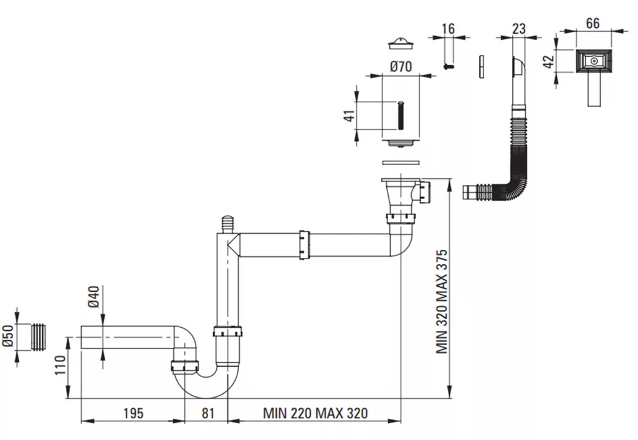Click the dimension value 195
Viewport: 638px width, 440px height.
[x=133, y=413]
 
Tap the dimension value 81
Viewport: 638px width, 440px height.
[x=207, y=413]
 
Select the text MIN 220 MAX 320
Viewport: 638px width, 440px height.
[x=315, y=413]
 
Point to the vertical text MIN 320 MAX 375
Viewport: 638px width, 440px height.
[x=442, y=302]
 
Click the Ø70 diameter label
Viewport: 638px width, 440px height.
[x=401, y=66]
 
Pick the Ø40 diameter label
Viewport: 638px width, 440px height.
[x=93, y=297]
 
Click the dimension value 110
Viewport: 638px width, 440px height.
[x=60, y=365]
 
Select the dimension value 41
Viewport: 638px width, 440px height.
[x=350, y=115]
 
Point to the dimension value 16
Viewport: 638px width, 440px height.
[x=448, y=29]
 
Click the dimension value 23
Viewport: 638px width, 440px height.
[x=519, y=29]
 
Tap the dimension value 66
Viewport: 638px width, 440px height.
[x=593, y=23]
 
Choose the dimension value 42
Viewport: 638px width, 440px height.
[x=550, y=62]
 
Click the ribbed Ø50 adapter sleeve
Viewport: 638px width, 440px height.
[x=38, y=337]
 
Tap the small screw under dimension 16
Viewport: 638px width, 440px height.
[x=449, y=65]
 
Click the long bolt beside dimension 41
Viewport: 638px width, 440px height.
[x=401, y=115]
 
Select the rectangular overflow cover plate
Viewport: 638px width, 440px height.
[x=594, y=62]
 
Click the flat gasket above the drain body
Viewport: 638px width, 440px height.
[x=401, y=163]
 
